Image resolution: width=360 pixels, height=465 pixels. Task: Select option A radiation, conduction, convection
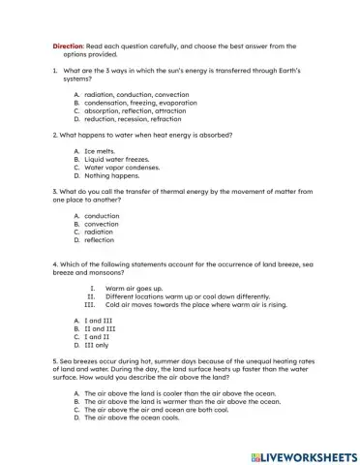click(x=131, y=94)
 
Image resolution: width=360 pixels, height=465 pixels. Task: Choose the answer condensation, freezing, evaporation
click(x=135, y=102)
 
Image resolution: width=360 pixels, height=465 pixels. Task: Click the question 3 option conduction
click(x=102, y=216)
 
